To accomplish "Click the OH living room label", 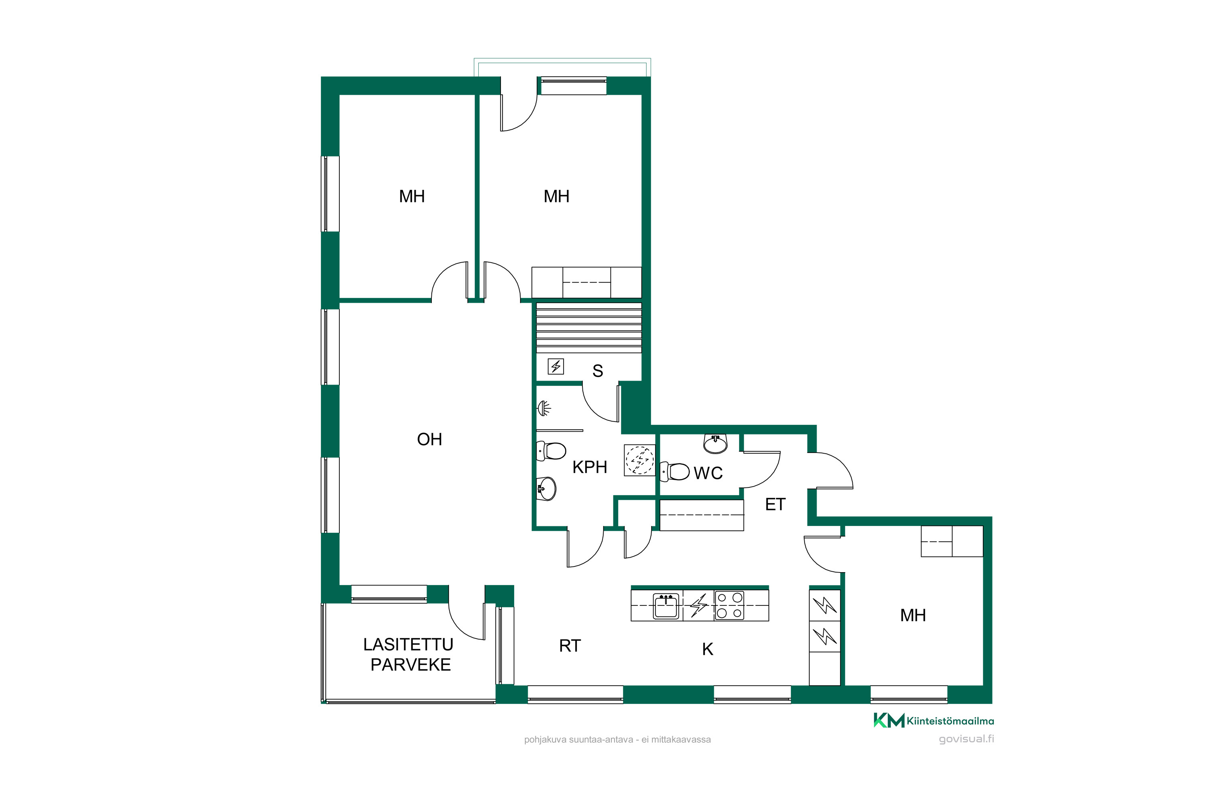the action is point(429,439).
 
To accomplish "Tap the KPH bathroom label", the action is point(590,467).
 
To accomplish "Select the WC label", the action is point(708,473).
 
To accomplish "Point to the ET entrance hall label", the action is point(775,504).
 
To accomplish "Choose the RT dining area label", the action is point(570,646).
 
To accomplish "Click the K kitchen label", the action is point(707,649).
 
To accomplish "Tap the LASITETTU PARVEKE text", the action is point(409,654).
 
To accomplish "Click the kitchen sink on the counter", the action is point(666,606).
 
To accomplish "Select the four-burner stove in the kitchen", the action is point(729,605).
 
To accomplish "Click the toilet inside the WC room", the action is point(674,472).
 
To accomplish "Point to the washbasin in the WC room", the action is point(715,444).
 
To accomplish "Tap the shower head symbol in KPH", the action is point(543,408).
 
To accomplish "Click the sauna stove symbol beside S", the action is point(556,366).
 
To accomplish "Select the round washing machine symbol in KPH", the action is point(639,461).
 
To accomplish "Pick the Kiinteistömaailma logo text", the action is point(950,721).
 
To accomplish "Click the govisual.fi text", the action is point(966,739).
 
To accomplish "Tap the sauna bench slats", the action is point(589,328).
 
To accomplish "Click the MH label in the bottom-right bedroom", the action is point(913,615).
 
